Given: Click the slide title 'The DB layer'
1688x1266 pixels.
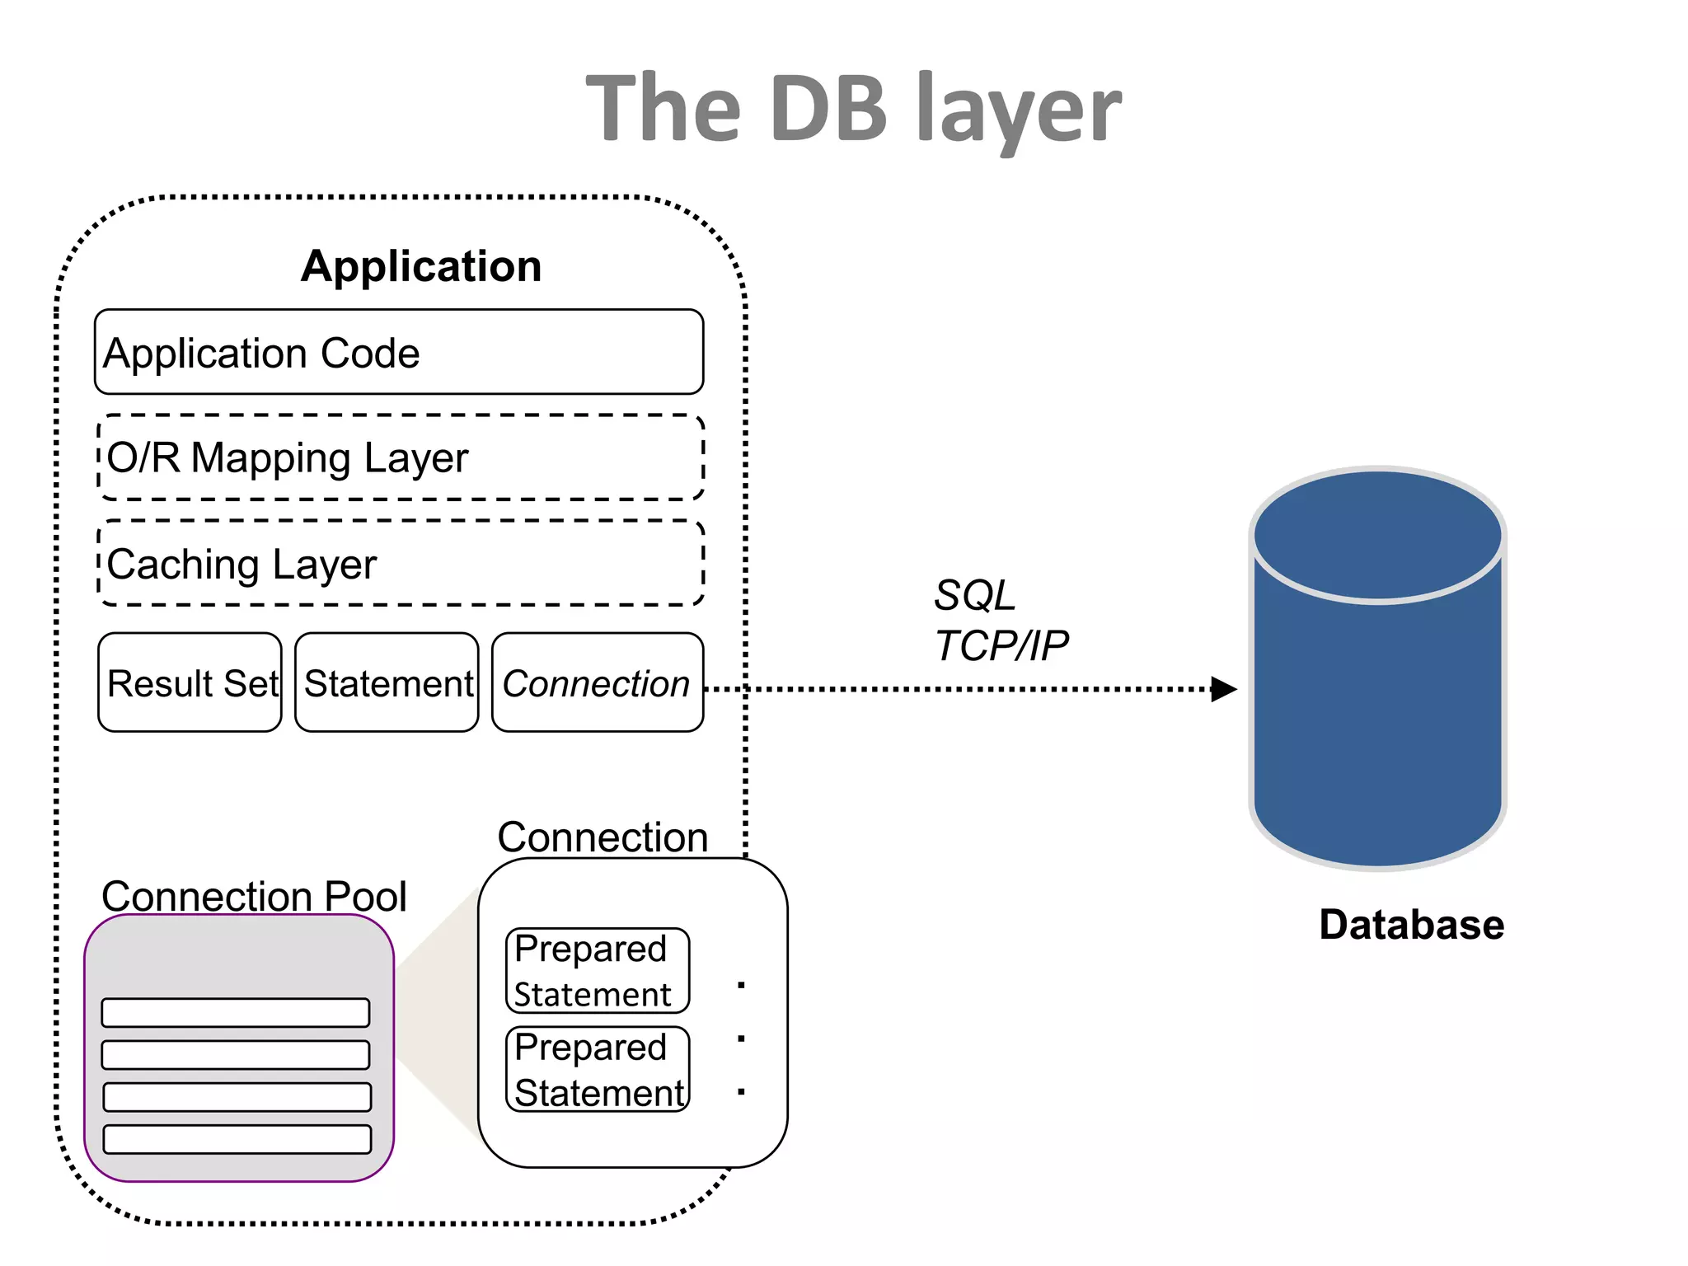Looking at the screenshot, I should click(x=853, y=109).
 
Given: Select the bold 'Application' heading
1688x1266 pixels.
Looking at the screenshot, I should click(x=421, y=266).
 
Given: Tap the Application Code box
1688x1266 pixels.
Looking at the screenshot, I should click(x=399, y=353).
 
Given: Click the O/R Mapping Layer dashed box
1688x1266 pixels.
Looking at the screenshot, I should click(x=401, y=457).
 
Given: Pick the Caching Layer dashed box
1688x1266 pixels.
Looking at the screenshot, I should click(x=401, y=564).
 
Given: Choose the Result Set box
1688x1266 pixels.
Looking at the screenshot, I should click(x=190, y=683).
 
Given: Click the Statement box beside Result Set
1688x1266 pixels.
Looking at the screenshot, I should click(x=387, y=683).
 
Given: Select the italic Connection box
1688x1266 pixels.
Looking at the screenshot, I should click(x=597, y=683).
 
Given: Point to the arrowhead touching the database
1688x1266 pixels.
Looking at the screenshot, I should click(x=1225, y=689).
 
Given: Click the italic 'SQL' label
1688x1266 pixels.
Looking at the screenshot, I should click(x=974, y=595).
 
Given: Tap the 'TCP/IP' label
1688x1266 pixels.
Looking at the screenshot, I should click(x=1001, y=645).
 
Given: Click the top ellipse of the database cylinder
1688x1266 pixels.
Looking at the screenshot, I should click(x=1377, y=535).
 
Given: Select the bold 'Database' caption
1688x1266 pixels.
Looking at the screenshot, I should click(x=1411, y=925).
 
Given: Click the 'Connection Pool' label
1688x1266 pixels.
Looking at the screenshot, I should click(x=254, y=896).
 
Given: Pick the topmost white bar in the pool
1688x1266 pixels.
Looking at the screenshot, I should click(x=236, y=1012).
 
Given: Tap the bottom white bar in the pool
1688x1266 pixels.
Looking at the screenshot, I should click(x=237, y=1139).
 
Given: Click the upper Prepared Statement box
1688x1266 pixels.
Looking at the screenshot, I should click(x=597, y=971).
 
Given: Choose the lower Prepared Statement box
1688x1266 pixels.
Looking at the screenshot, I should click(x=597, y=1070).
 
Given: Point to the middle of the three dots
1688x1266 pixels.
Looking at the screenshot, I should click(x=741, y=1039).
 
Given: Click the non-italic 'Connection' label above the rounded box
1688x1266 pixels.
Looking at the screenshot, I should click(x=603, y=837).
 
